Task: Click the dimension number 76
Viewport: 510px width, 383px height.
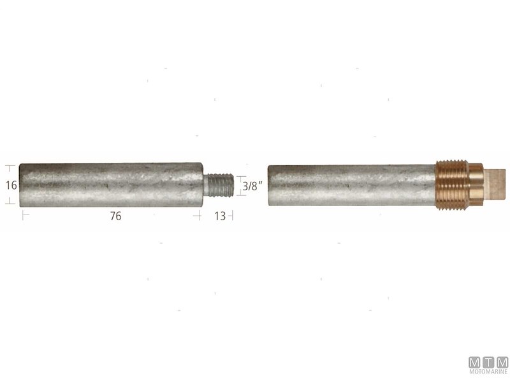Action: click(115, 216)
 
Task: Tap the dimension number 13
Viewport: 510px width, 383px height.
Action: click(219, 216)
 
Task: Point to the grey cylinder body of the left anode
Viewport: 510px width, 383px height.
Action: click(108, 185)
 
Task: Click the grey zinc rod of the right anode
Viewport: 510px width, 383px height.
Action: click(351, 185)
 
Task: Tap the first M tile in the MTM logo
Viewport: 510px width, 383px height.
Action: click(474, 363)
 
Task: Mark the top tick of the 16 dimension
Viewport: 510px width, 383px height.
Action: click(10, 168)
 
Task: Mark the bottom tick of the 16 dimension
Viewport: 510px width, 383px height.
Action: click(10, 203)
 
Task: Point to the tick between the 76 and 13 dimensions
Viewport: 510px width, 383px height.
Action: click(199, 216)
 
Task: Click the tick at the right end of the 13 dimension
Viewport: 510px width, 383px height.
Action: click(232, 216)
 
